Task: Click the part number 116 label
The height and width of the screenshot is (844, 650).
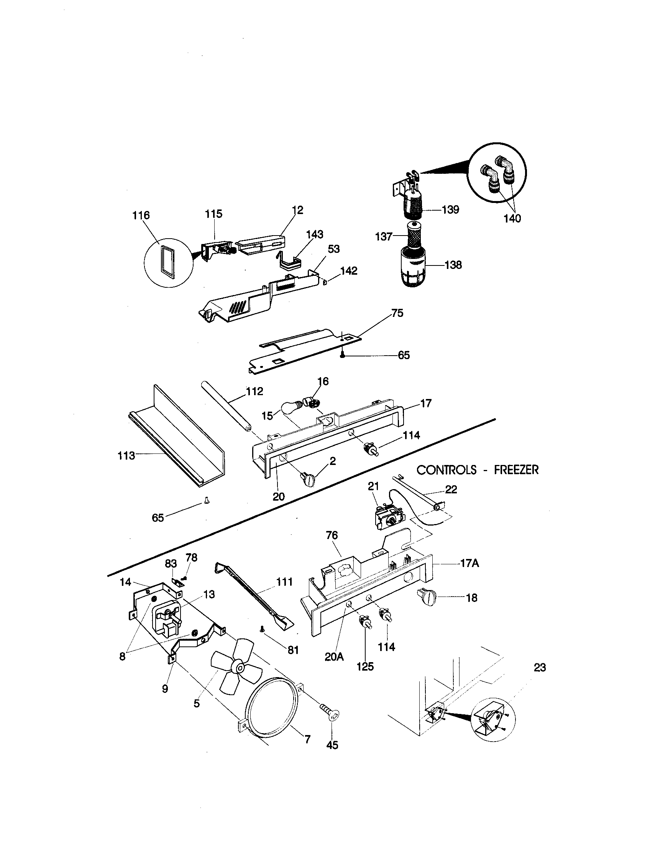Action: tap(141, 215)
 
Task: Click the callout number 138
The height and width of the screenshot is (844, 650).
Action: tap(453, 265)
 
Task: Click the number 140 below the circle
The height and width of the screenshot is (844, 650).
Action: tap(512, 219)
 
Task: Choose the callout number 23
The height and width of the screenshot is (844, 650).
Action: tap(540, 668)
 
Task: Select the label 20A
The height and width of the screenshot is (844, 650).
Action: tap(334, 657)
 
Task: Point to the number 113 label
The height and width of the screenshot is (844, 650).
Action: tap(126, 456)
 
